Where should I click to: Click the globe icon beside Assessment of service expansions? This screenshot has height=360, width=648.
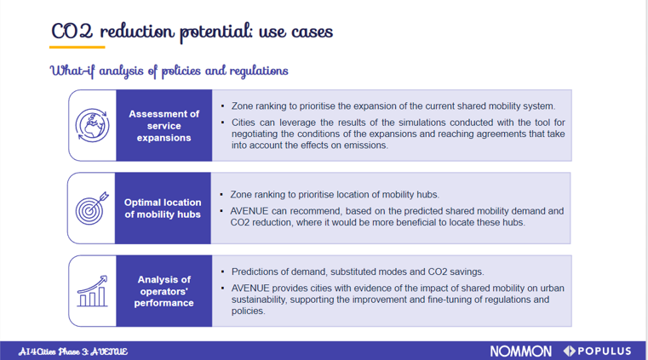click(x=92, y=125)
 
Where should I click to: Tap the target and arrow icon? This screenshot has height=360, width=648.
click(x=92, y=208)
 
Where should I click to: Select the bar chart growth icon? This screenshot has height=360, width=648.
click(x=92, y=291)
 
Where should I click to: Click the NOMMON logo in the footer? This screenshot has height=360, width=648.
click(x=521, y=351)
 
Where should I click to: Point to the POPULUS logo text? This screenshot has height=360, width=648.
click(x=605, y=351)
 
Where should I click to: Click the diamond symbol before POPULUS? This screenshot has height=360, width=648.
click(x=569, y=351)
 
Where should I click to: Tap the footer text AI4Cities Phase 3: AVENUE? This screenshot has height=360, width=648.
click(x=72, y=351)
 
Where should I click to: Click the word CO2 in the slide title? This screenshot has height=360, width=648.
click(x=72, y=31)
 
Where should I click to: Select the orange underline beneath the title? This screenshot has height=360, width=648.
click(x=77, y=47)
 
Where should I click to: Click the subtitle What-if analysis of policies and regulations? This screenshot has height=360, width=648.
click(x=169, y=71)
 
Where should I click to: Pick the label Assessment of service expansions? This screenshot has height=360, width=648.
click(x=164, y=125)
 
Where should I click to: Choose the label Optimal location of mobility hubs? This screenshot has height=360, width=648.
click(x=163, y=209)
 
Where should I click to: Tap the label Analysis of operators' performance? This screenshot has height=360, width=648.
click(x=164, y=291)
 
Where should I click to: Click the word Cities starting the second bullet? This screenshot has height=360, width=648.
click(x=244, y=123)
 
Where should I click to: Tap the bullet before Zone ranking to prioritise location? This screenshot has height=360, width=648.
click(x=221, y=194)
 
